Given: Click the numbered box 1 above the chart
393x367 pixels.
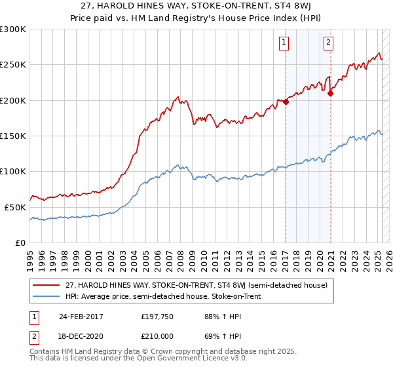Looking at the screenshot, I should coord(284,43).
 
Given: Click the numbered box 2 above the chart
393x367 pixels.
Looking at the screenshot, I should coord(328,43).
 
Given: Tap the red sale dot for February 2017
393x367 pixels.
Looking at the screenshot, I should coord(286,102).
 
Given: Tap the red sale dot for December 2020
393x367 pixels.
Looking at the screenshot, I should coord(330,93).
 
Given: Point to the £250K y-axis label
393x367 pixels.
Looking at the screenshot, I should coord(13,65).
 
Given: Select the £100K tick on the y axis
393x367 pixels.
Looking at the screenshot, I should coord(13,171).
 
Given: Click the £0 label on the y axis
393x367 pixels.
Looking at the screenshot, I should coord(21,242).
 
